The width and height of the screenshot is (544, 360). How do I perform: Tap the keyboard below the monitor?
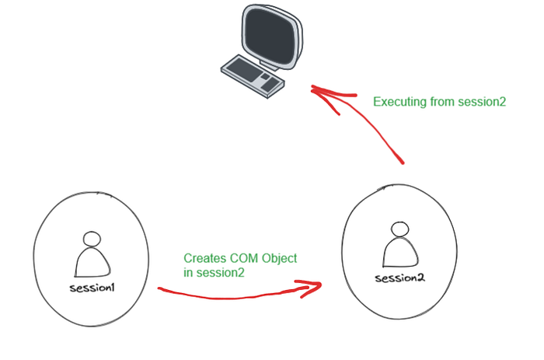253,76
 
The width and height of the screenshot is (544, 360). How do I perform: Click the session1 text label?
92,288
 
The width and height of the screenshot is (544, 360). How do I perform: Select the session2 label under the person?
399,278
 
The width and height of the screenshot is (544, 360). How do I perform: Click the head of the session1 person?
92,239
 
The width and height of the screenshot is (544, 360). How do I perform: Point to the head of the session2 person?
399,229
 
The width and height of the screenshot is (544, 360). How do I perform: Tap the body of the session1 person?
92,262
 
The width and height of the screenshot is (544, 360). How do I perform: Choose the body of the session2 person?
400,253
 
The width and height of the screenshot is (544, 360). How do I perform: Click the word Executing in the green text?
399,102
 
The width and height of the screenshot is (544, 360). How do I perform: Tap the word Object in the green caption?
279,259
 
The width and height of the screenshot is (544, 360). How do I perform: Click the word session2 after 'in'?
220,272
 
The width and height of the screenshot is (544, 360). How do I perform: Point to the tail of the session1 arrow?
159,288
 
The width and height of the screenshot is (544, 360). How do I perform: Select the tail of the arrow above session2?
403,163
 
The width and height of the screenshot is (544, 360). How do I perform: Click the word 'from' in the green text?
442,102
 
